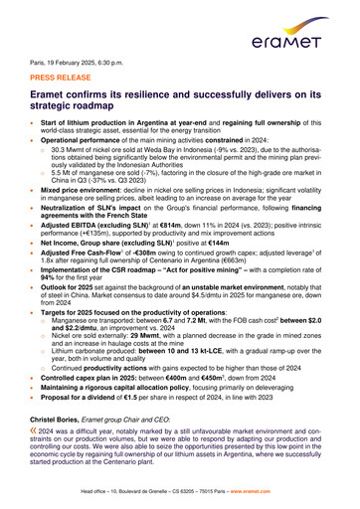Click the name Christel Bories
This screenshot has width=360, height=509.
point(63,422)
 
